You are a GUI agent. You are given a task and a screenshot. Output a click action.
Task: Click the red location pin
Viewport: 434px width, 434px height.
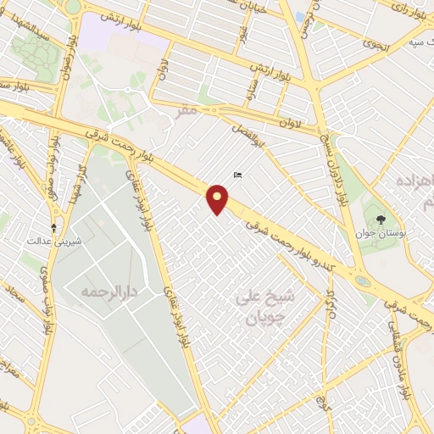tap(218, 199)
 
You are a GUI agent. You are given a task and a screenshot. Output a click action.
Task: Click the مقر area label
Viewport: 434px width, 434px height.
tap(189, 109)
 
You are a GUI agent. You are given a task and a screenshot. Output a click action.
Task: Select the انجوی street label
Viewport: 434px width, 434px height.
tap(372, 43)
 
